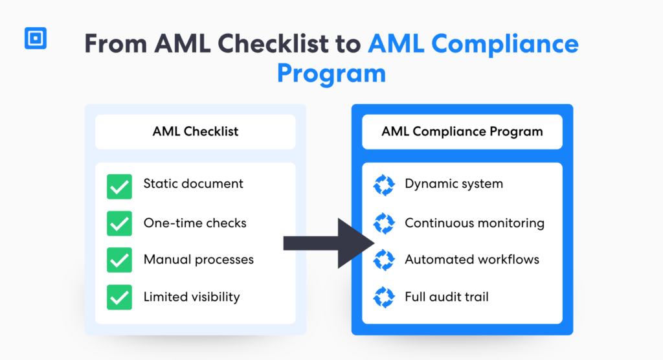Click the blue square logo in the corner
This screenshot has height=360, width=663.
coord(36,39)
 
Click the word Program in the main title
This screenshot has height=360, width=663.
coord(331,73)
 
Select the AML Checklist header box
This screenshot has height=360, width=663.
coord(195,131)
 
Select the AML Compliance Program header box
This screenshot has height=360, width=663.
coord(462,131)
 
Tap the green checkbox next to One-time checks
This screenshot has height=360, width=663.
coord(119,223)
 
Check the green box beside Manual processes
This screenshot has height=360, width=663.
coord(119,260)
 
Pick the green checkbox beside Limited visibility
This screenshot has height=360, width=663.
coord(119,298)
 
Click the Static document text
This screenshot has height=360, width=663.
coord(193,184)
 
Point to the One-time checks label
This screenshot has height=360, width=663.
coord(195,223)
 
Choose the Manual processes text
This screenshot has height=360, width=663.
coord(198,260)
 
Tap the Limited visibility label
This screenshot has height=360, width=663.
coord(192,297)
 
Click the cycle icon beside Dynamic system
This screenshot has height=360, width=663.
coord(384,185)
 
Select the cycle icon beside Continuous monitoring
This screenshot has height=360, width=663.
coord(384,223)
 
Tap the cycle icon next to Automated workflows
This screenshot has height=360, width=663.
coord(384,260)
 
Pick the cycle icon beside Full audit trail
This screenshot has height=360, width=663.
coord(384,298)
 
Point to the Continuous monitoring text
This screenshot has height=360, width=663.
coord(474,223)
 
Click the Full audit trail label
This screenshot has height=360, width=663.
coord(446,297)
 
